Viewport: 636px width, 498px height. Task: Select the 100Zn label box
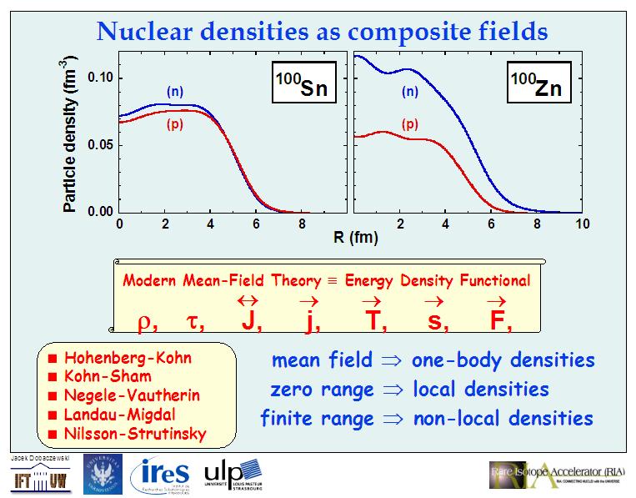538,82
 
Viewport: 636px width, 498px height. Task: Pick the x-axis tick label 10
582,224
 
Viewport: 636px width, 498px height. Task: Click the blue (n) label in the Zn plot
409,93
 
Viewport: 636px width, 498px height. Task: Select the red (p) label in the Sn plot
175,125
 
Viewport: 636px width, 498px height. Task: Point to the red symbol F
493,321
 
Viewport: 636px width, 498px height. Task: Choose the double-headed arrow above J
248,300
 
